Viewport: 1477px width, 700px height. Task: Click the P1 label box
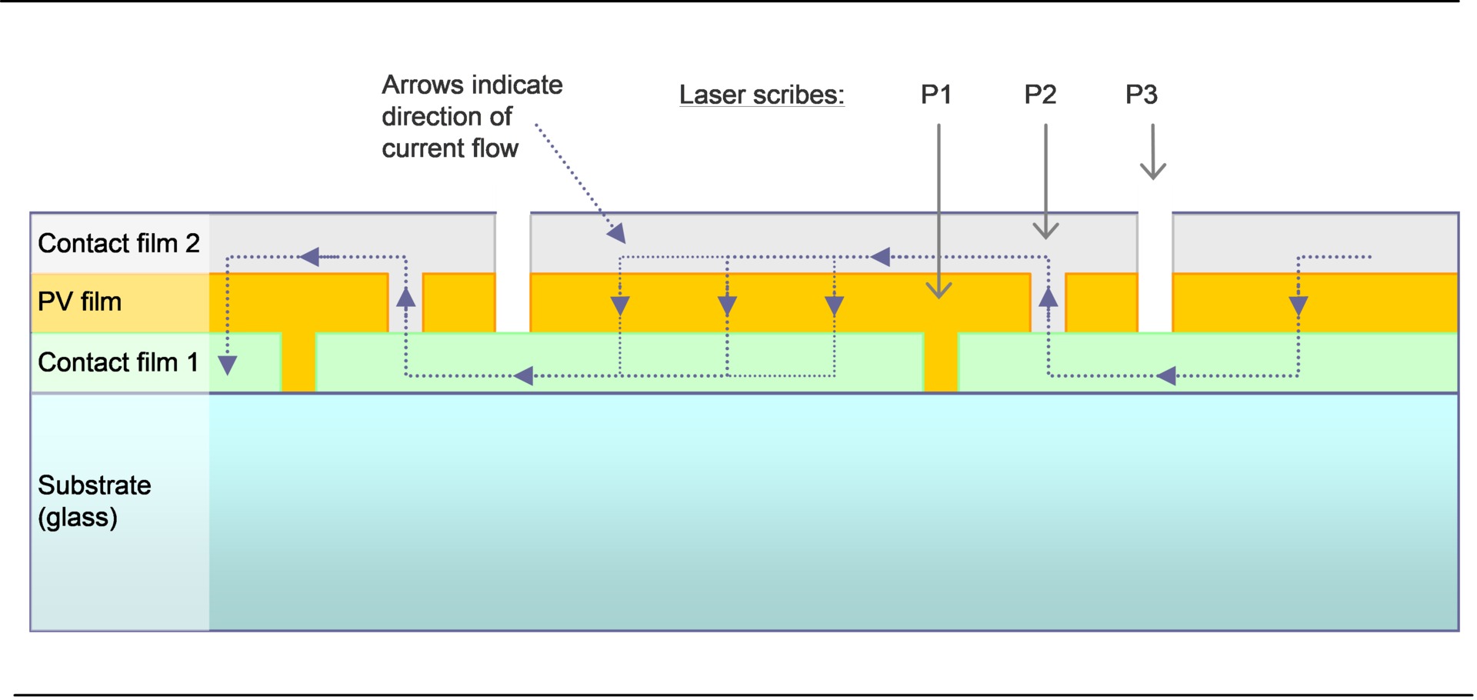click(940, 95)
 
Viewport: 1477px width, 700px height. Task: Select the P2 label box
click(1044, 95)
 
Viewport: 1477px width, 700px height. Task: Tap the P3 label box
click(1145, 95)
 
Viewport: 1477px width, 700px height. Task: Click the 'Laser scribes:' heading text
click(762, 95)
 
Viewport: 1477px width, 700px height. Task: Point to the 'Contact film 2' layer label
click(118, 243)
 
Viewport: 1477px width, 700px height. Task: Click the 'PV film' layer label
click(80, 302)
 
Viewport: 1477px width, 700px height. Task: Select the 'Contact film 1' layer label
click(118, 362)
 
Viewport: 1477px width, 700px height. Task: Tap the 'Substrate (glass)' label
click(94, 500)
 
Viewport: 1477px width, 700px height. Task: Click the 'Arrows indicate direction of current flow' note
click(472, 115)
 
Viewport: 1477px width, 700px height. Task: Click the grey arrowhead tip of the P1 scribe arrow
click(939, 295)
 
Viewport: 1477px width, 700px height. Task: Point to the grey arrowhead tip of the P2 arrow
click(1045, 235)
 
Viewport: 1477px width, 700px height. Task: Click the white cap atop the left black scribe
click(513, 199)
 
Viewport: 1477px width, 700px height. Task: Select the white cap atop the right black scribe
click(1155, 199)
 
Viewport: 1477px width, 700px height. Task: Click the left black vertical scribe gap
click(513, 273)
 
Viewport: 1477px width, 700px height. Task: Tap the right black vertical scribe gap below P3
click(1155, 273)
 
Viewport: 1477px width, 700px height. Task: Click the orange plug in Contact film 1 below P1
click(940, 362)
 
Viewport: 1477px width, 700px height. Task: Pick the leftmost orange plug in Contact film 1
click(298, 362)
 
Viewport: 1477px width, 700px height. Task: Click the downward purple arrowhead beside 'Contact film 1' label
click(227, 365)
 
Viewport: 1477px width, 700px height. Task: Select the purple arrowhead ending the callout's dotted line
click(617, 233)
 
